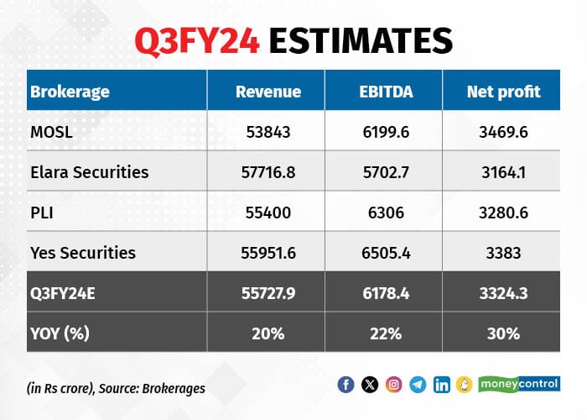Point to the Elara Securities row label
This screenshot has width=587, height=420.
(x=90, y=172)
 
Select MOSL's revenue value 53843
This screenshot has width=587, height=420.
(x=268, y=132)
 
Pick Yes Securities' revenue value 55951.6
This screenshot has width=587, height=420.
(x=268, y=253)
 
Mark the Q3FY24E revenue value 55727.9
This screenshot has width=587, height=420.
(x=268, y=293)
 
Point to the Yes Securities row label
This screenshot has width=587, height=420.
(x=83, y=253)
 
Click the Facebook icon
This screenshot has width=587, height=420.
(x=345, y=385)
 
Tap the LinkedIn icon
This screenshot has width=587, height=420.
(x=442, y=385)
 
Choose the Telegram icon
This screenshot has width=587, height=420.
(x=418, y=385)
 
